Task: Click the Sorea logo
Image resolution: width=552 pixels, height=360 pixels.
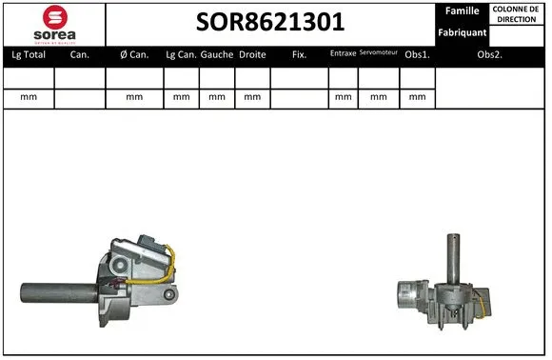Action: coord(54,23)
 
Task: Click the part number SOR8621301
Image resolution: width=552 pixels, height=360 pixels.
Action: coord(270,22)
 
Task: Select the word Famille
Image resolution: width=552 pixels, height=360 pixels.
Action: coord(462,11)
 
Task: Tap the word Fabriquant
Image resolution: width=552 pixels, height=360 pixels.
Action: coord(462,32)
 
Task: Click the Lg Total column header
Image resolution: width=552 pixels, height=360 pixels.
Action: coord(29,55)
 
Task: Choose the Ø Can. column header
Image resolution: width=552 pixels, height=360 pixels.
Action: coord(134,55)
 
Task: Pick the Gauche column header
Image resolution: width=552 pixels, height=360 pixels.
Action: coord(217,55)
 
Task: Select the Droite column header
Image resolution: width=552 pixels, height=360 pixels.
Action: coord(252,55)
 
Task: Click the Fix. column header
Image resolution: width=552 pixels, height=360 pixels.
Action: coord(299,55)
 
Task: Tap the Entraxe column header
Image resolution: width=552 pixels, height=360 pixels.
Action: coord(343,54)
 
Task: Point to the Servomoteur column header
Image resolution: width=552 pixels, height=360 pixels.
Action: coord(379,53)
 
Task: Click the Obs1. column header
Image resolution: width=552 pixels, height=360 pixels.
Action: coord(416,55)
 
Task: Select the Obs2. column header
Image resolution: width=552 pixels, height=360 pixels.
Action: coord(490,55)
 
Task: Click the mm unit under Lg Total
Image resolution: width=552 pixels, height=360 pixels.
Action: coord(29,97)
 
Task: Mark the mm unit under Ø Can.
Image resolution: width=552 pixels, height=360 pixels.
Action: coord(134,97)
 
